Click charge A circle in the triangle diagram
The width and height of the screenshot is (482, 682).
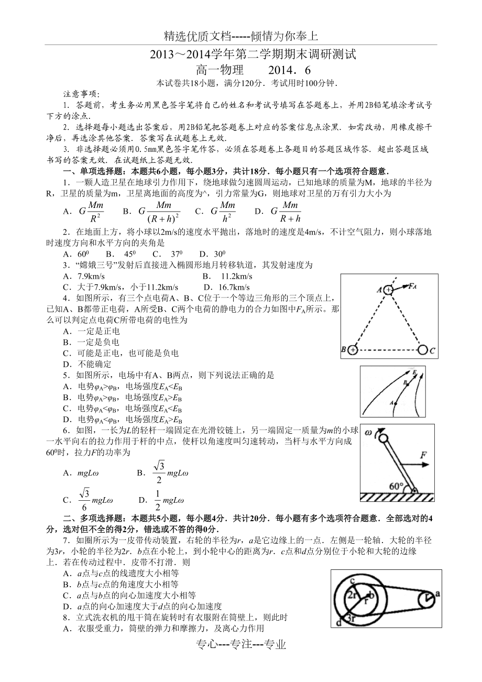coord(388,289)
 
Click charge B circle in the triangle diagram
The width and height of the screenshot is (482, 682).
coord(353,349)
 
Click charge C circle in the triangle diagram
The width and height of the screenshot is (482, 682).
coord(422,349)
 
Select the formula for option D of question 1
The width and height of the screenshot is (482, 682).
coord(286,211)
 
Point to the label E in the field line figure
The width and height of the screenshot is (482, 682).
coord(414,372)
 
